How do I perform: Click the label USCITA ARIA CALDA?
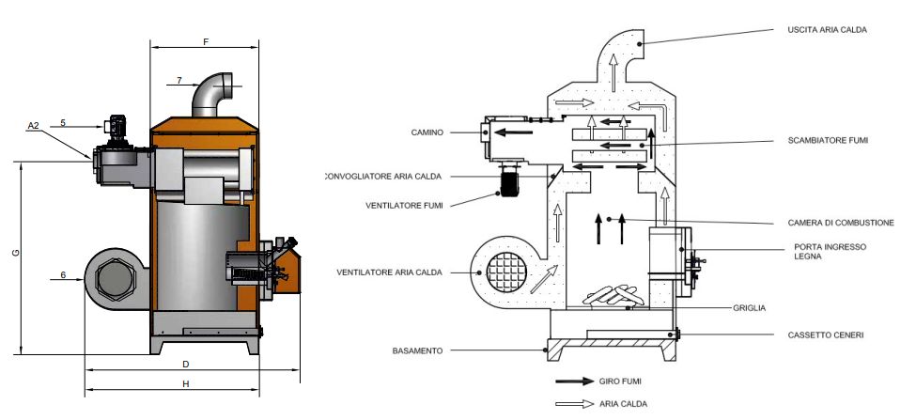(x=826, y=30)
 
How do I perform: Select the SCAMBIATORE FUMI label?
(x=828, y=140)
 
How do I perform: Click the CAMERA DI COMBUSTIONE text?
(x=840, y=223)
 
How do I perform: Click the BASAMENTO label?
(x=416, y=351)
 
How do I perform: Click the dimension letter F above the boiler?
(x=205, y=41)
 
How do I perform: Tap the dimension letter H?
(x=185, y=384)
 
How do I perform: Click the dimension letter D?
(x=185, y=363)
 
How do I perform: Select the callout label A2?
(x=34, y=125)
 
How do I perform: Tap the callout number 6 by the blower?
(x=62, y=275)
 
